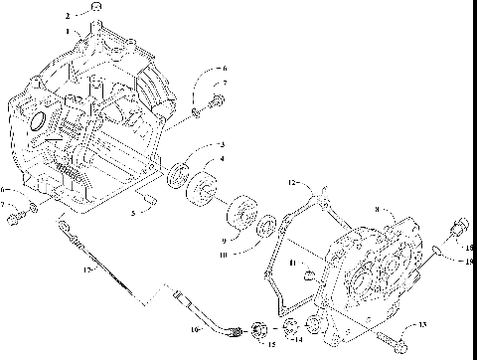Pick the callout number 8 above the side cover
point(377,210)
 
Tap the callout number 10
point(222,255)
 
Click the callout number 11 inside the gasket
point(291,262)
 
